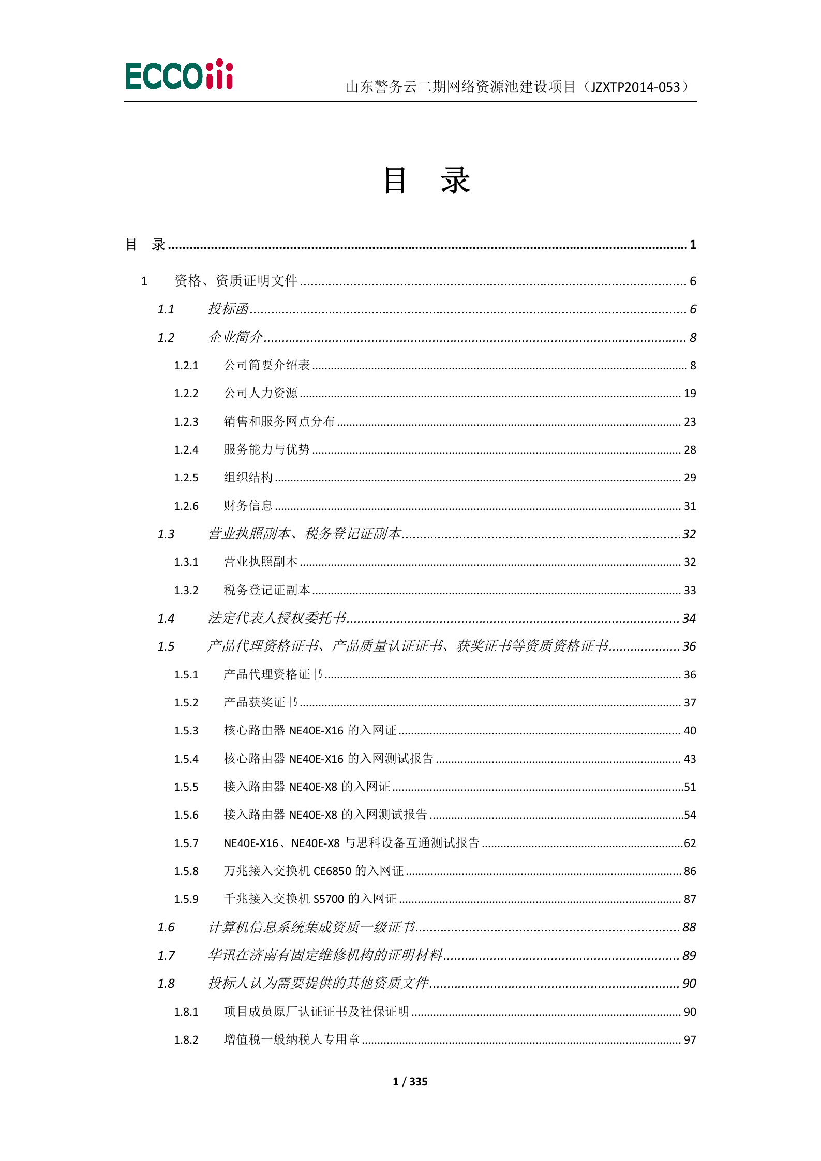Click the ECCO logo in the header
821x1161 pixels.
pyautogui.click(x=179, y=75)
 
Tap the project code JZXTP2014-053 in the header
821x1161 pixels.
pyautogui.click(x=635, y=87)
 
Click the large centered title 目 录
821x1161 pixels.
pyautogui.click(x=426, y=181)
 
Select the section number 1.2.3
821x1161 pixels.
pyautogui.click(x=186, y=422)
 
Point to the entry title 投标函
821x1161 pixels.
pyautogui.click(x=228, y=309)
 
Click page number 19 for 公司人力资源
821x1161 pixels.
pyautogui.click(x=690, y=394)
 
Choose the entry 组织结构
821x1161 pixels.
pyautogui.click(x=248, y=477)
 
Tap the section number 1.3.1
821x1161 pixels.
pyautogui.click(x=186, y=562)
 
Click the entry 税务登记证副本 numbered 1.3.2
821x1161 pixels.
pyautogui.click(x=266, y=590)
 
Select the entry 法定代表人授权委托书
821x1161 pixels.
pyautogui.click(x=277, y=618)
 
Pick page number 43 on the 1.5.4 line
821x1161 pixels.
pyautogui.click(x=690, y=759)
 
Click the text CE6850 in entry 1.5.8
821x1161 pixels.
pyautogui.click(x=332, y=871)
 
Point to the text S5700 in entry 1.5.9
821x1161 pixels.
pyautogui.click(x=329, y=899)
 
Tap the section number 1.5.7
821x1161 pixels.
pyautogui.click(x=186, y=843)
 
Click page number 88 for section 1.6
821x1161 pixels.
pyautogui.click(x=689, y=927)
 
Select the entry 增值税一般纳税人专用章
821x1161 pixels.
pyautogui.click(x=291, y=1039)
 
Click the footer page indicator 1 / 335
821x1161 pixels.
pyautogui.click(x=410, y=1081)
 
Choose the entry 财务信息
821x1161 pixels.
pyautogui.click(x=248, y=506)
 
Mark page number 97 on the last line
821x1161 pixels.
pyautogui.click(x=690, y=1039)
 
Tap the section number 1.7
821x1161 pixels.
pyautogui.click(x=166, y=956)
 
